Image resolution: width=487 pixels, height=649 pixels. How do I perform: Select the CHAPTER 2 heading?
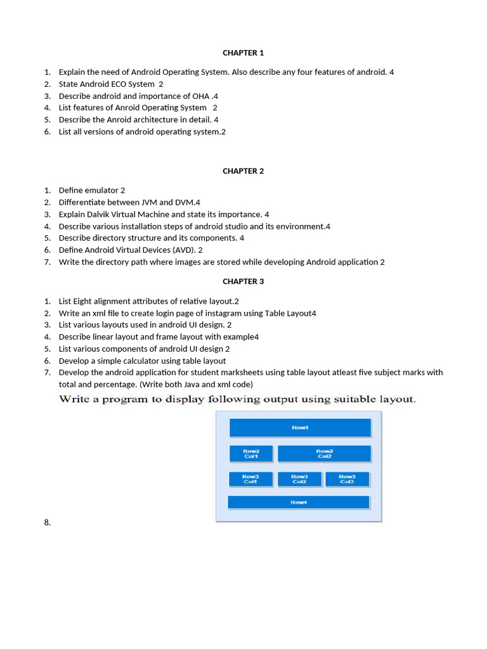point(243,170)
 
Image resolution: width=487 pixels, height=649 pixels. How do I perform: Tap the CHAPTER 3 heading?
point(243,281)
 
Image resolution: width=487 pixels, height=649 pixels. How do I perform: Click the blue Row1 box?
point(300,428)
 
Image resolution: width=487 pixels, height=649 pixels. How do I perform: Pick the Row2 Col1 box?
point(251,454)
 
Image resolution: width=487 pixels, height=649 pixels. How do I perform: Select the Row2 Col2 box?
point(324,454)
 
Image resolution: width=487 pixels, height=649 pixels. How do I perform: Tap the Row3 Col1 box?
point(250,479)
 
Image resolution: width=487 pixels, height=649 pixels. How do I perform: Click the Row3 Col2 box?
point(299,479)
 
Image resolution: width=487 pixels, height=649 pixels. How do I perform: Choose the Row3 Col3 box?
point(347,479)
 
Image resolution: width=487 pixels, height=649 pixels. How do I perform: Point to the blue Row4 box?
point(299,503)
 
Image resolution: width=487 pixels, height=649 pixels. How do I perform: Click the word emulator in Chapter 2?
point(100,190)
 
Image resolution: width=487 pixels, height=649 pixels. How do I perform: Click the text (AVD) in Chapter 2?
point(183,250)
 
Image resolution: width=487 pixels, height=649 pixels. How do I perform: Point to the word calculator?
point(141,361)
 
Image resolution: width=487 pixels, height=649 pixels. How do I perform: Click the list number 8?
point(48,522)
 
